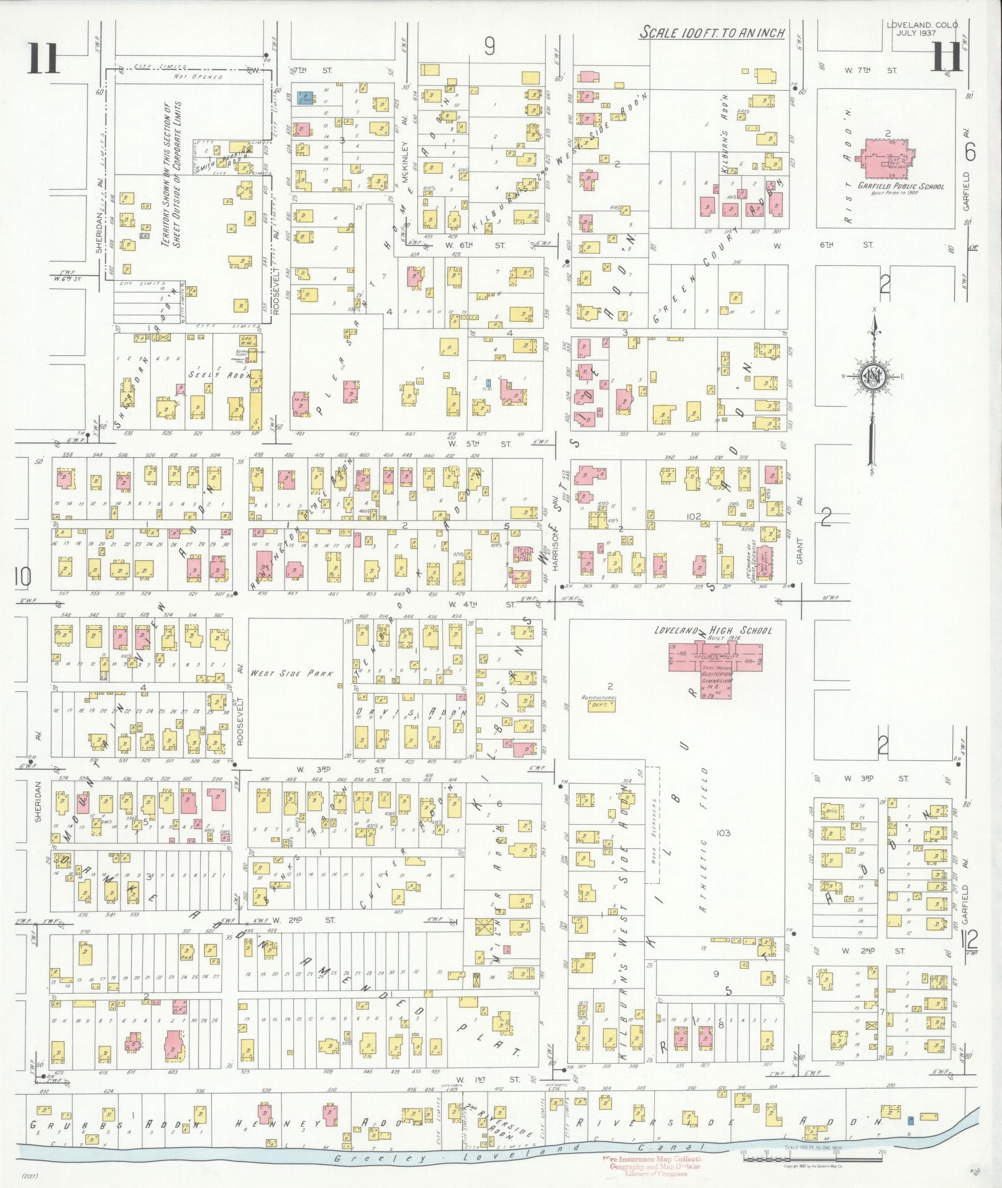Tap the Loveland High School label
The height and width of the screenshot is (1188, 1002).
(713, 630)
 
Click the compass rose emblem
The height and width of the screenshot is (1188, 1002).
(873, 375)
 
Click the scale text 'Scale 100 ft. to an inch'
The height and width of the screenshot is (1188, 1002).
(713, 33)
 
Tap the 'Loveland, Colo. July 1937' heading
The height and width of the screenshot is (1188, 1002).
(922, 29)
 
